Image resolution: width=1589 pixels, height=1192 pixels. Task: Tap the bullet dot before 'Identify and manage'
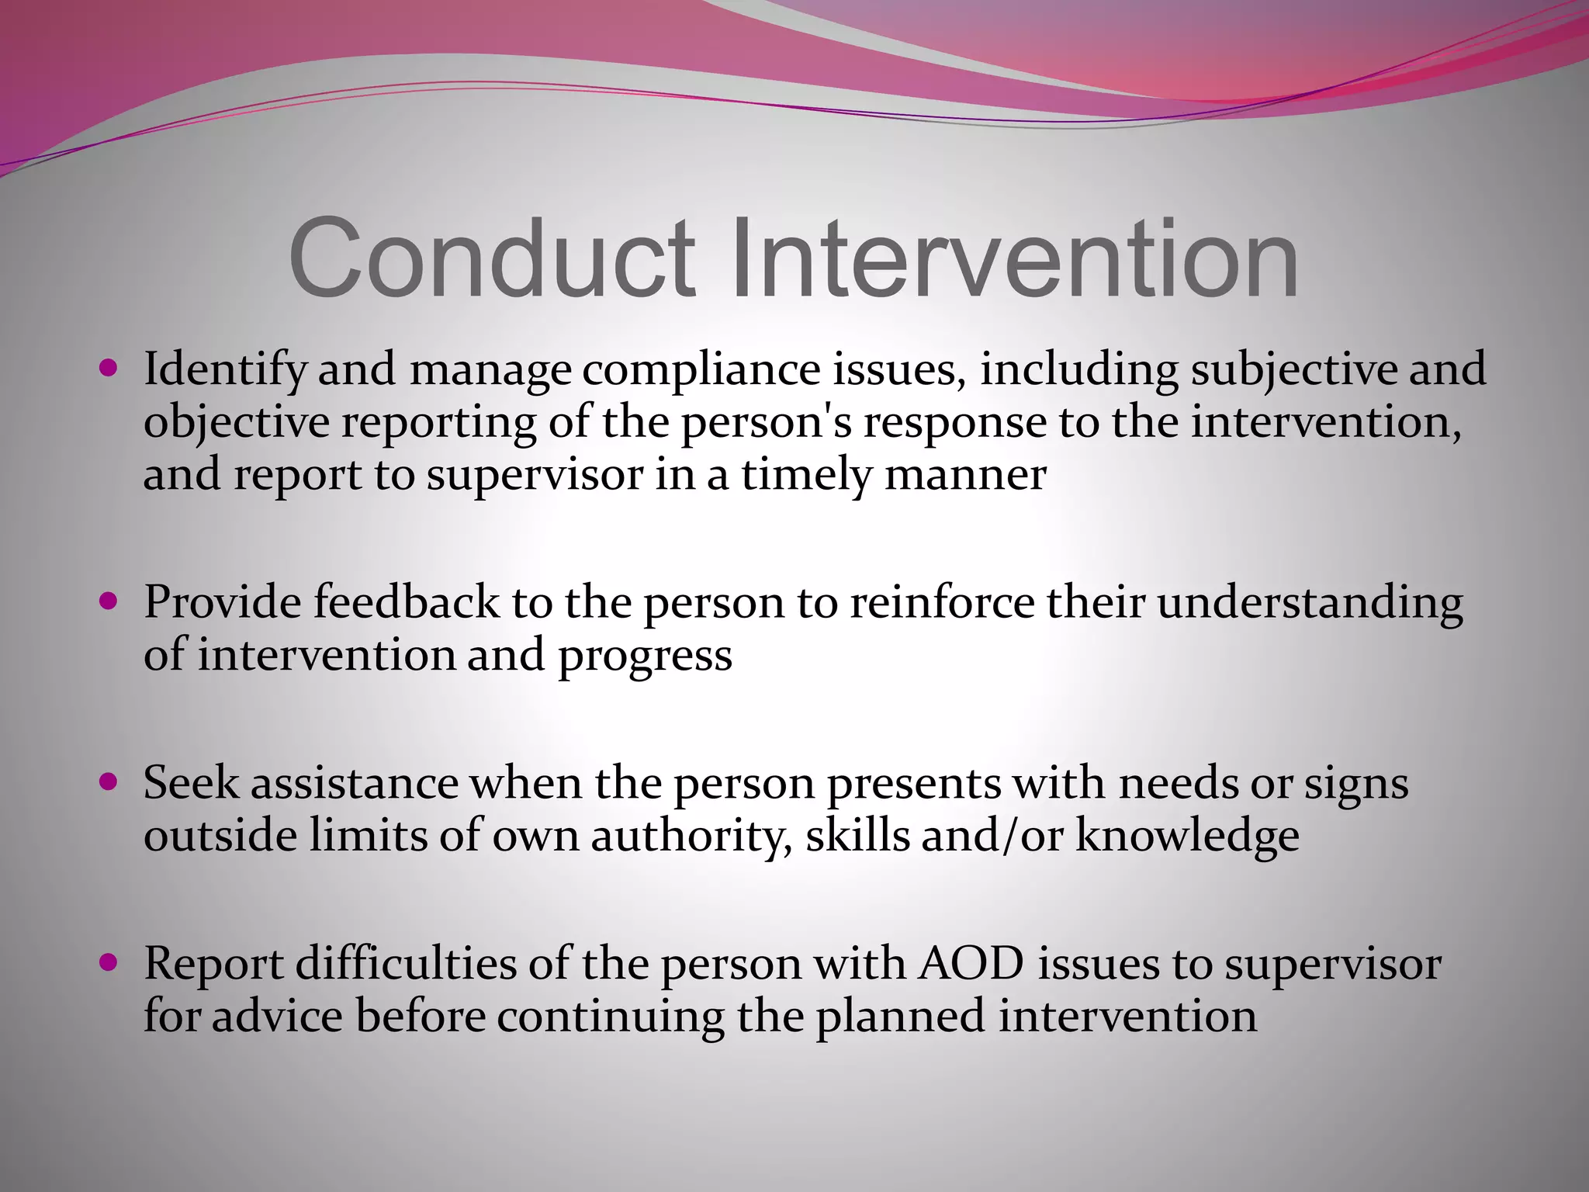pyautogui.click(x=109, y=366)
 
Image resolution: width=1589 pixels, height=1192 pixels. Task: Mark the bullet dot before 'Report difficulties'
pyautogui.click(x=109, y=962)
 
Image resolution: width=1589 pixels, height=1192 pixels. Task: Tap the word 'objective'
pyautogui.click(x=237, y=423)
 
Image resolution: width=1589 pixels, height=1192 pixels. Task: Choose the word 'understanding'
pyautogui.click(x=1310, y=604)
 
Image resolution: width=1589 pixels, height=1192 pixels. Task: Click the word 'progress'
pyautogui.click(x=645, y=657)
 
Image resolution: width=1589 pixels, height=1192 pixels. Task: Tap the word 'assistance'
pyautogui.click(x=354, y=783)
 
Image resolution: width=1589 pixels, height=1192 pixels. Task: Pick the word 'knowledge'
pyautogui.click(x=1186, y=837)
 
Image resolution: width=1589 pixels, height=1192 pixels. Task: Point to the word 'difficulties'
pyautogui.click(x=406, y=965)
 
